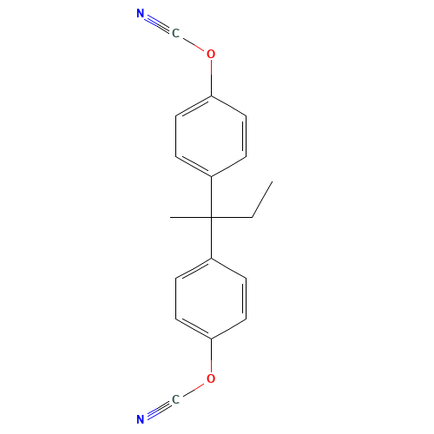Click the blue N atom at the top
(x=141, y=13)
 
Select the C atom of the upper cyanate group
(x=175, y=34)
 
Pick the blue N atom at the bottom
(x=141, y=420)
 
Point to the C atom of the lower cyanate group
(x=175, y=399)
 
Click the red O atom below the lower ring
(x=211, y=379)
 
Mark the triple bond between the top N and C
(x=158, y=23)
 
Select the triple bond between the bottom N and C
(x=158, y=410)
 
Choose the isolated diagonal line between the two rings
(x=262, y=200)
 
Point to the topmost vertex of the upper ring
(x=211, y=95)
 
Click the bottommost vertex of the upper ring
(x=211, y=176)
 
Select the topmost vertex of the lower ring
(x=211, y=258)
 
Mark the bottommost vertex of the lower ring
(x=211, y=339)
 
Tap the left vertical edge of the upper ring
(x=176, y=135)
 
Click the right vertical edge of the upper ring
(x=247, y=135)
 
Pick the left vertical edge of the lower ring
(x=176, y=299)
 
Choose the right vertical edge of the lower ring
(x=247, y=299)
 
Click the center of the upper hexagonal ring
(x=211, y=135)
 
